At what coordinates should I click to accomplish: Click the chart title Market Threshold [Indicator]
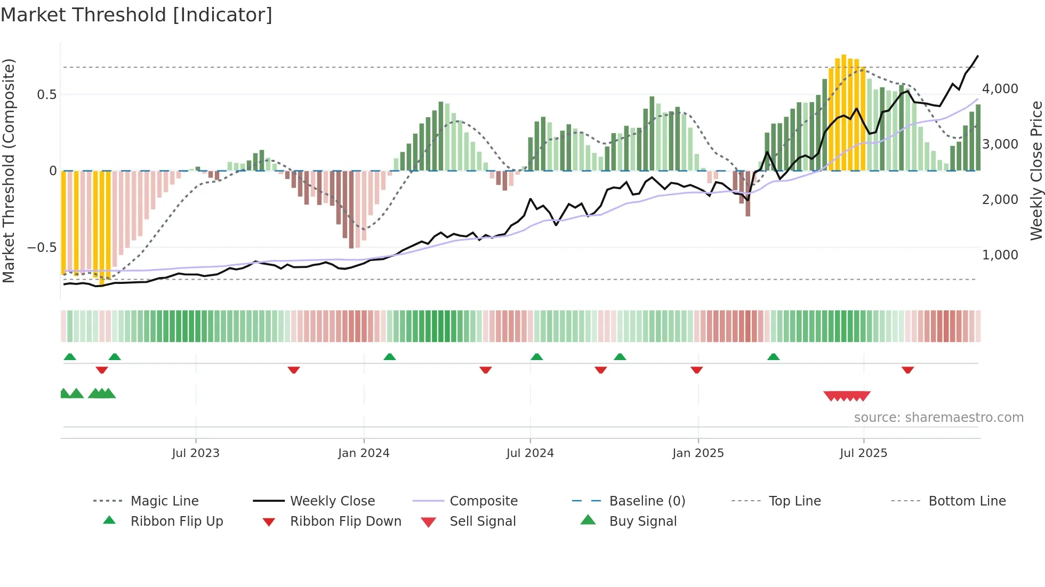(136, 15)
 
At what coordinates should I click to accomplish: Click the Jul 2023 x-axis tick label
(196, 453)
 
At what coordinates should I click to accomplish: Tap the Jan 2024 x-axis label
(364, 453)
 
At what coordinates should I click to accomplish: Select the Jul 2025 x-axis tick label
(863, 453)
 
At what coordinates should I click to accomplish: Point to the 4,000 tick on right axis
(1000, 89)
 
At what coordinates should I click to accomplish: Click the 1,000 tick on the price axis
(1000, 255)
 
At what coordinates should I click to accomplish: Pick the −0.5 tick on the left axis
(42, 248)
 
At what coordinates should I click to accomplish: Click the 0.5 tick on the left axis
(46, 95)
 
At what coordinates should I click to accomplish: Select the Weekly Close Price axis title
(1036, 170)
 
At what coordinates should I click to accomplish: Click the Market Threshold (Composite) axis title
(9, 170)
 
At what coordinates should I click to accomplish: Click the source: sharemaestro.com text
(938, 418)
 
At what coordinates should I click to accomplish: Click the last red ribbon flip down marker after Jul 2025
(907, 370)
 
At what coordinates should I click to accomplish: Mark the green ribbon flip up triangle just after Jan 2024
(390, 357)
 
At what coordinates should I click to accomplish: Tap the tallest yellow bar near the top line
(843, 112)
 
